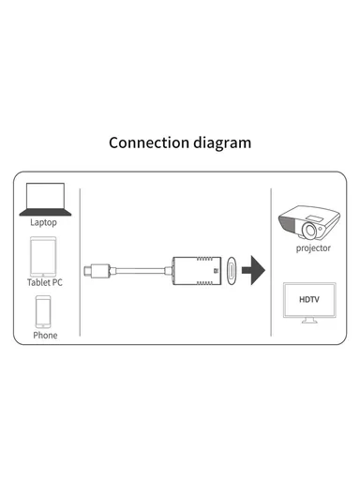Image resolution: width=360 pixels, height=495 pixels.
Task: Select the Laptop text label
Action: point(44,223)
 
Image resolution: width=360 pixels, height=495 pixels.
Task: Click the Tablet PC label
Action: point(44,282)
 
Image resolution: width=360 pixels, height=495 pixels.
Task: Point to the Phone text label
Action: point(44,335)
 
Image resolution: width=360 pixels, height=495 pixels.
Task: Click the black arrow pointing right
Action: point(252,272)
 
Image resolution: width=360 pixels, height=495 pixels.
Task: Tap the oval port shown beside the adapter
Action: point(231,272)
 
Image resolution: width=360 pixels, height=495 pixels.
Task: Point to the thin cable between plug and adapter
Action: point(140,272)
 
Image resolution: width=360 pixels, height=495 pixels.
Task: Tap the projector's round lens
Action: point(314,229)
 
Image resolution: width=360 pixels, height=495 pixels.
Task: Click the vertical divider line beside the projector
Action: point(270,262)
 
